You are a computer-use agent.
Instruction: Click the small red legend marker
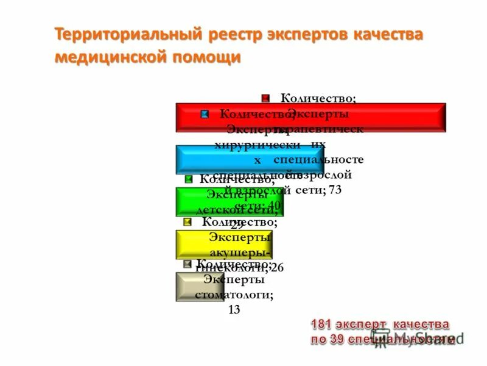click(x=266, y=98)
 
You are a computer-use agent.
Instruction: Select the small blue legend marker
click(x=205, y=113)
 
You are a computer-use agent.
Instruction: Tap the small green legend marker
click(x=188, y=179)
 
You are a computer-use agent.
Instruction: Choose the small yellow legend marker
click(x=187, y=222)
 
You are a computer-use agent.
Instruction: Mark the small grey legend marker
click(x=187, y=264)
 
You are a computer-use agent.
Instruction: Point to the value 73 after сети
click(x=335, y=190)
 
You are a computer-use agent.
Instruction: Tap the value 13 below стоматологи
click(x=234, y=310)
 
